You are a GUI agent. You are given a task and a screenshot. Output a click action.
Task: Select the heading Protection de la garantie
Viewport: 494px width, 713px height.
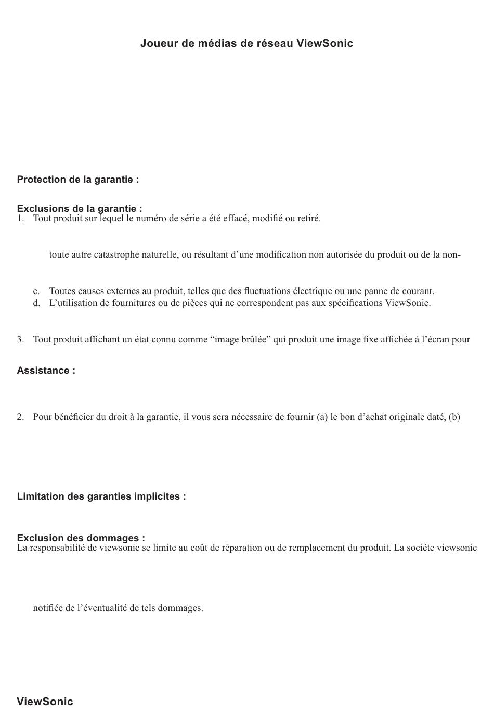pyautogui.click(x=77, y=180)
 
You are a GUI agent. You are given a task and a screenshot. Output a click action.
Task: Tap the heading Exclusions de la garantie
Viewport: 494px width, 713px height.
pyautogui.click(x=79, y=209)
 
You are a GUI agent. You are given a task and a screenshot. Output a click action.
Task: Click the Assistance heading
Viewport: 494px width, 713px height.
pyautogui.click(x=46, y=371)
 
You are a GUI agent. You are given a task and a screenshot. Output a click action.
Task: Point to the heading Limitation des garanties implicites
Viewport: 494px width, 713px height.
pyautogui.click(x=101, y=496)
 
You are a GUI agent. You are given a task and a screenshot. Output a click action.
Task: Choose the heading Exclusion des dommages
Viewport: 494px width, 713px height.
pyautogui.click(x=81, y=538)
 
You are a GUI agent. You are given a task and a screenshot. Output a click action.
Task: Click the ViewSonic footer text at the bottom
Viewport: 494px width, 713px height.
pyautogui.click(x=45, y=702)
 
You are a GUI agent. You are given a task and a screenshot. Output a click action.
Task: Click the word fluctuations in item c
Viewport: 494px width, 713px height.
pyautogui.click(x=267, y=291)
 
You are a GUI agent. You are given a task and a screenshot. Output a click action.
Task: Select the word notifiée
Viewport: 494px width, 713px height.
pyautogui.click(x=48, y=608)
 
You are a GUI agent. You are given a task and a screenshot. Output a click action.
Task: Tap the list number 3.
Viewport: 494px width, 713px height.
pyautogui.click(x=20, y=340)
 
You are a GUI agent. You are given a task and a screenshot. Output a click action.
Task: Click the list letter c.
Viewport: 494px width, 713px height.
pyautogui.click(x=36, y=291)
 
